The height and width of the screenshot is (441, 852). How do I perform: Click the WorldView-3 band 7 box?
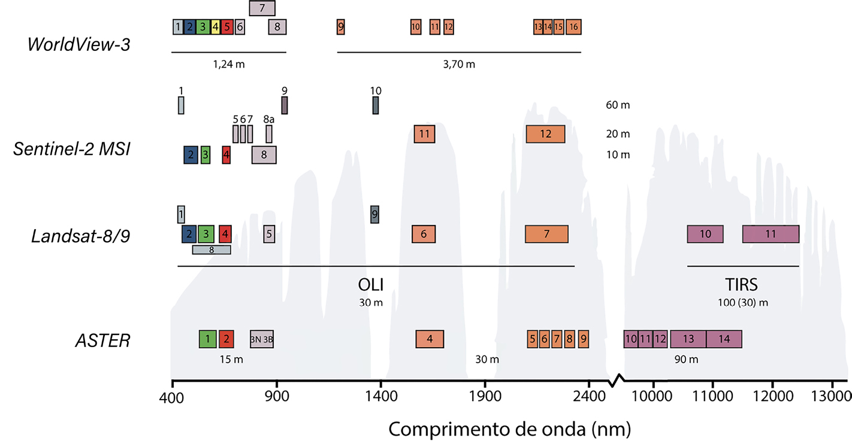(262, 8)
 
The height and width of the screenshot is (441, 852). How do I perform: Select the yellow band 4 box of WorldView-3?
(215, 27)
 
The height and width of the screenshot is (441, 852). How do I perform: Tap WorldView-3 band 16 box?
(573, 27)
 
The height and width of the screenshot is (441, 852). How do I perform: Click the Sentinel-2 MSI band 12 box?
(545, 134)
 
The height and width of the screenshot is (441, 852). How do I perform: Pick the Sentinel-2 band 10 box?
(376, 105)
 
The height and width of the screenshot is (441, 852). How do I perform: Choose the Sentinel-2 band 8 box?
(264, 154)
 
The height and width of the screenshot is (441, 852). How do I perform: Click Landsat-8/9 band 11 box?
(771, 234)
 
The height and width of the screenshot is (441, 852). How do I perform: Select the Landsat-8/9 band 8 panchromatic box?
(212, 250)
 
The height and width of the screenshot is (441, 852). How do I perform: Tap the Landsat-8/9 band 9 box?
(374, 214)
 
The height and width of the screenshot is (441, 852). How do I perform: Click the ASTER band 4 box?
(430, 339)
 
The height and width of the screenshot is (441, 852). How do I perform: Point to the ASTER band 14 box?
(724, 339)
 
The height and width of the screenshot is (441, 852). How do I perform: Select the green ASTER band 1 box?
(207, 339)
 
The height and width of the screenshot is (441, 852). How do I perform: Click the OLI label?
(370, 283)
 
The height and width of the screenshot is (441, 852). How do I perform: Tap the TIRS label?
(742, 283)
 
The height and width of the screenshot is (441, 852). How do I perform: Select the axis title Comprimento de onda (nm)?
(509, 428)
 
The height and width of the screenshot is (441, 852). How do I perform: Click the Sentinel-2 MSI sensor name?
(72, 150)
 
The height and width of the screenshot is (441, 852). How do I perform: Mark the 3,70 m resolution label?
(459, 64)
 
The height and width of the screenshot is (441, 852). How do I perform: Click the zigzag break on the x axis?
(617, 380)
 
